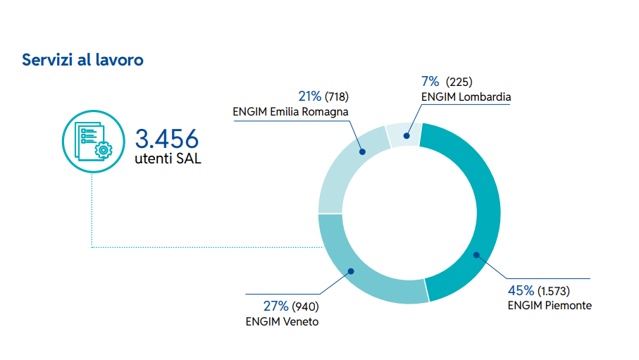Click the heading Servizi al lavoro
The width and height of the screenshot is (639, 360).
(82, 60)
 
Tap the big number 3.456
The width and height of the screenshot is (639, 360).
(168, 138)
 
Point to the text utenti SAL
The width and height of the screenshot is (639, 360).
(168, 159)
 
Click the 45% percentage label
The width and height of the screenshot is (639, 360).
(521, 290)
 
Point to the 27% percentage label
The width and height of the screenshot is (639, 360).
(275, 306)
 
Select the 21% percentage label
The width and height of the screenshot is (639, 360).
(309, 96)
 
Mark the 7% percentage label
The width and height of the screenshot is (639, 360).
(430, 81)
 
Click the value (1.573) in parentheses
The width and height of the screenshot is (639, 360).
(554, 291)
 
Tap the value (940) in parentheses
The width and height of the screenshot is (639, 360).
(305, 306)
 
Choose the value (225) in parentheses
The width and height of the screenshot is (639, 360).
(459, 82)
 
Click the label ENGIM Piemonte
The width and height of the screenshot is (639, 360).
(550, 306)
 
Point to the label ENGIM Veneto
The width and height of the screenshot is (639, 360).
(282, 321)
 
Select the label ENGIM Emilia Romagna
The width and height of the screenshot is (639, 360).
(290, 111)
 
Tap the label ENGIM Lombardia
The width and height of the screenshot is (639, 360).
(465, 97)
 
